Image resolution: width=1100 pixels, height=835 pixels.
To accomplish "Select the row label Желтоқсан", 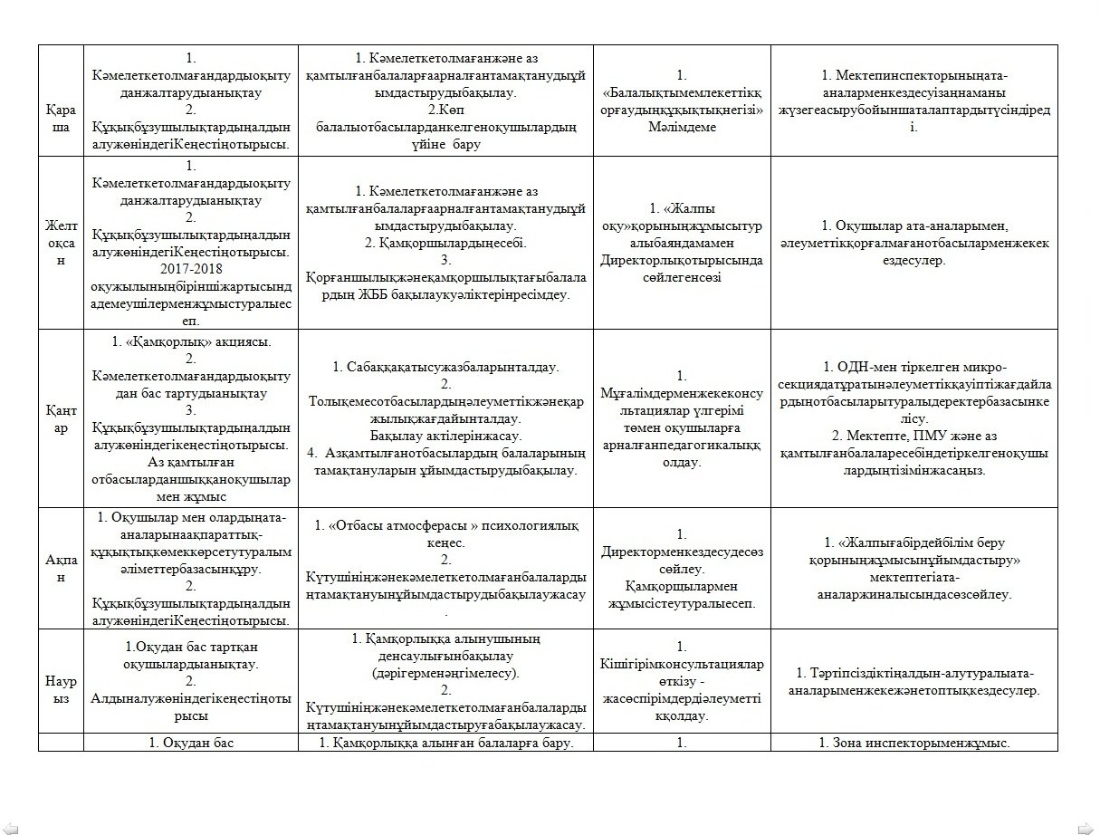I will [x=61, y=243].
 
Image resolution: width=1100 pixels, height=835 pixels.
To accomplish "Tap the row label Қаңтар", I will [x=61, y=419].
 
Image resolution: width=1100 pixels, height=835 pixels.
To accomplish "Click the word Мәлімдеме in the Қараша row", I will [x=681, y=128].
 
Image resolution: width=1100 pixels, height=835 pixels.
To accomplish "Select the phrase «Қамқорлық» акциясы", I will [x=191, y=341].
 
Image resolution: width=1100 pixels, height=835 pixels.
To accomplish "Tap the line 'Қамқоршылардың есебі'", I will [x=445, y=243].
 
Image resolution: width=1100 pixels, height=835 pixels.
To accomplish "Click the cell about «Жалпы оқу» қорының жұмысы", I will [x=681, y=243].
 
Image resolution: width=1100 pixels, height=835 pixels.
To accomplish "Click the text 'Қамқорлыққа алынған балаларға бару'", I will [x=445, y=744].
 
